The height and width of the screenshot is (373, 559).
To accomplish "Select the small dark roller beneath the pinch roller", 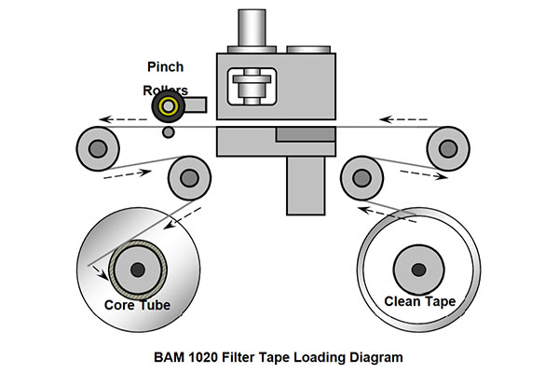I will click(168, 132).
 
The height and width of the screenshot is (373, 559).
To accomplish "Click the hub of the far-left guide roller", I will click(94, 146).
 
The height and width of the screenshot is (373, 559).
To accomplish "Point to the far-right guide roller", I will click(447, 146).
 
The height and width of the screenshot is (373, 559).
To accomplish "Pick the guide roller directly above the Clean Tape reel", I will click(360, 174).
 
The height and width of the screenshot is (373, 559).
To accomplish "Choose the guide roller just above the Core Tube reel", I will click(186, 174).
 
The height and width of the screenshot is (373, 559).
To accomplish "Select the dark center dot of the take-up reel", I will click(138, 269).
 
